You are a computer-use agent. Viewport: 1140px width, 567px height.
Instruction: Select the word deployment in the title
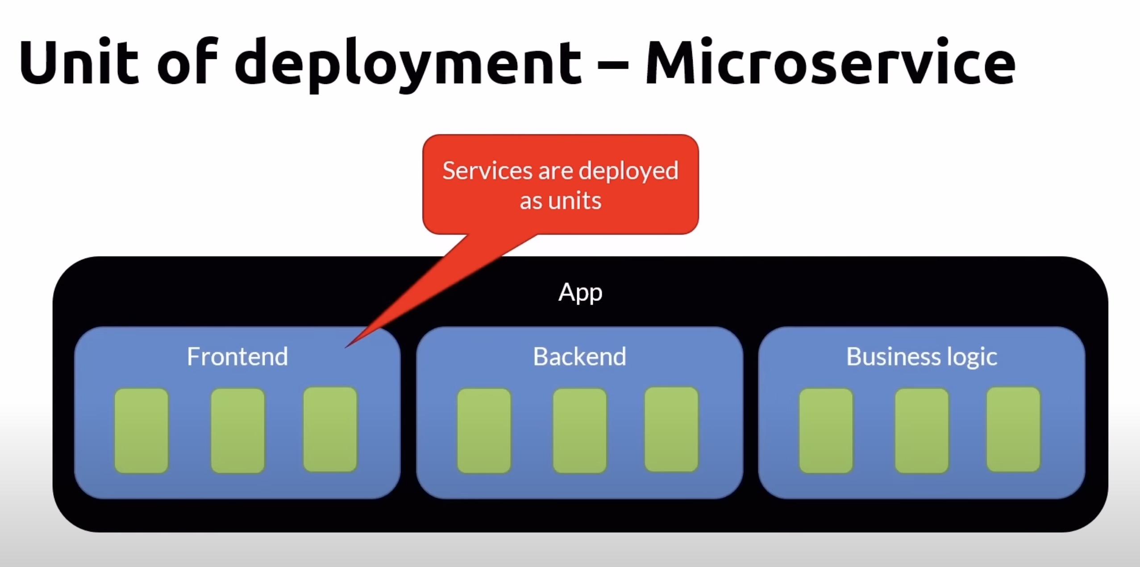point(408,63)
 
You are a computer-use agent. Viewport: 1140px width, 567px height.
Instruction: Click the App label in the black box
point(580,293)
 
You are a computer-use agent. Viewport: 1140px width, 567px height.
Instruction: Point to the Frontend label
point(237,357)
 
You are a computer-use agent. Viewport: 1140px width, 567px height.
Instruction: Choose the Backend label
point(580,357)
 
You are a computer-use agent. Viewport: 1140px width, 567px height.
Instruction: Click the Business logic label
point(922,357)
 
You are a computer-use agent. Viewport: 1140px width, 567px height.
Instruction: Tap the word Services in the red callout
point(488,171)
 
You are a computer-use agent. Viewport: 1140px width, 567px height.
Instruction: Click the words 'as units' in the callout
point(561,201)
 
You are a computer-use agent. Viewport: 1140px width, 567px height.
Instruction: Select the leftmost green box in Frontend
point(141,430)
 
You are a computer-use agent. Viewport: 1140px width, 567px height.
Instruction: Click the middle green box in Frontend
point(237,430)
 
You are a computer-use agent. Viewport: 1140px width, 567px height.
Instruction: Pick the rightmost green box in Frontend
point(330,429)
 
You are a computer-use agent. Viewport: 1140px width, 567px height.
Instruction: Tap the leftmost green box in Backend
point(484,430)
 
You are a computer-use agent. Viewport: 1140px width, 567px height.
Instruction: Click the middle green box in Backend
point(580,430)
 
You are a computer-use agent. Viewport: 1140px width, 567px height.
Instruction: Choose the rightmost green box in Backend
point(671,429)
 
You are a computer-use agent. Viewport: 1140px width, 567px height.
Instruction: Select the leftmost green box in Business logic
point(826,430)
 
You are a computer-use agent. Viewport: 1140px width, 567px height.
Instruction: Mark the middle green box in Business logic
point(922,430)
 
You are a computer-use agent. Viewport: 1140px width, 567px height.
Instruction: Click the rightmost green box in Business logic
point(1013,429)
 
